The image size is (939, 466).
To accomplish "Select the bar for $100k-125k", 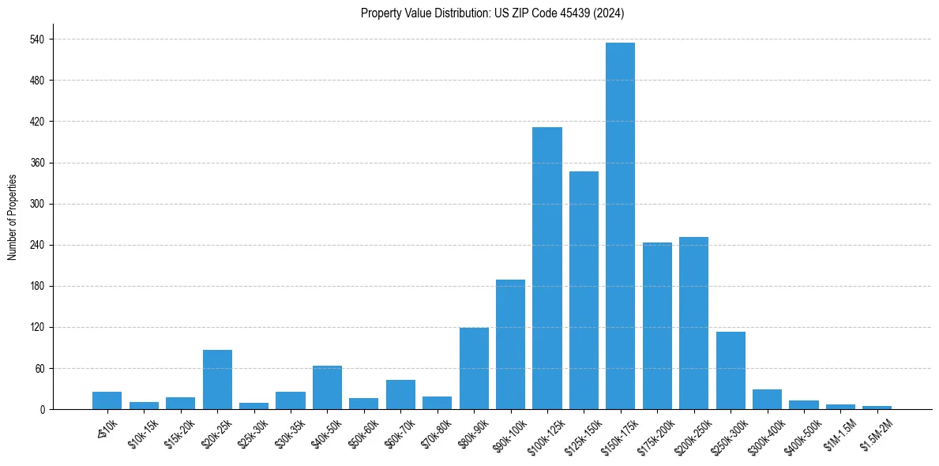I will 546,269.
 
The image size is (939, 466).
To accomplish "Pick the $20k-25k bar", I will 217,380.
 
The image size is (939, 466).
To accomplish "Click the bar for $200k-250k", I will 693,323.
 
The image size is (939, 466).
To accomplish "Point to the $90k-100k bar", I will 510,344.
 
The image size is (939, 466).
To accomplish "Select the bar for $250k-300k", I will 731,370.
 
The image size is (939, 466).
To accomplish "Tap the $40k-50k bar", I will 327,388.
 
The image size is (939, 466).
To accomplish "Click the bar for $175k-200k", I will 657,326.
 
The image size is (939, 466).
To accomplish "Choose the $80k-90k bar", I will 474,369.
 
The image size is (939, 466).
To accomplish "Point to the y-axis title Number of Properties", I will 12,217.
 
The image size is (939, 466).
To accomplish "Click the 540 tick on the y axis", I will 36,39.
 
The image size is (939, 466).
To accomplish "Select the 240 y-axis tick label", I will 36,245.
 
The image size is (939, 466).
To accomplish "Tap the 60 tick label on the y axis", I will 39,368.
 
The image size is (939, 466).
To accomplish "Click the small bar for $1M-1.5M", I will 840,407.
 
